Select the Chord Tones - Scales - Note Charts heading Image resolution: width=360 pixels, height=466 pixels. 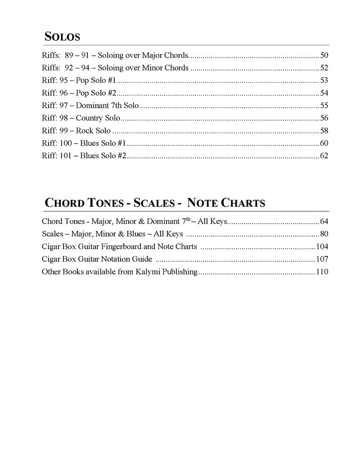[x=155, y=203]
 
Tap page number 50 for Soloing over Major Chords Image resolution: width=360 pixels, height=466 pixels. [x=324, y=56]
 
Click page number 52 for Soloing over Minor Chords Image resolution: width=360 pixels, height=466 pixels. [x=324, y=68]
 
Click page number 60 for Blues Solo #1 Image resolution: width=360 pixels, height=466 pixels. [x=324, y=143]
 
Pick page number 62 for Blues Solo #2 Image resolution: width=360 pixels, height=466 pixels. [x=324, y=156]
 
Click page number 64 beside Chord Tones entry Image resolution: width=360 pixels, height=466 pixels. [x=324, y=221]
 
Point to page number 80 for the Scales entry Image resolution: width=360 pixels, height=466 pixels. [x=324, y=234]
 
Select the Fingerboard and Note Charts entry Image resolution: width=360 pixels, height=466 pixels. [x=119, y=246]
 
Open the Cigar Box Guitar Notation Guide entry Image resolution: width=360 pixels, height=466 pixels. [x=97, y=259]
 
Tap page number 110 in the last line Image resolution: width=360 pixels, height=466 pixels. [x=322, y=272]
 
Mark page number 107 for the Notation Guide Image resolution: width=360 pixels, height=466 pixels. [x=322, y=259]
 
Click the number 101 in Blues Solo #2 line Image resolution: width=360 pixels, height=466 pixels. [x=66, y=156]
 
